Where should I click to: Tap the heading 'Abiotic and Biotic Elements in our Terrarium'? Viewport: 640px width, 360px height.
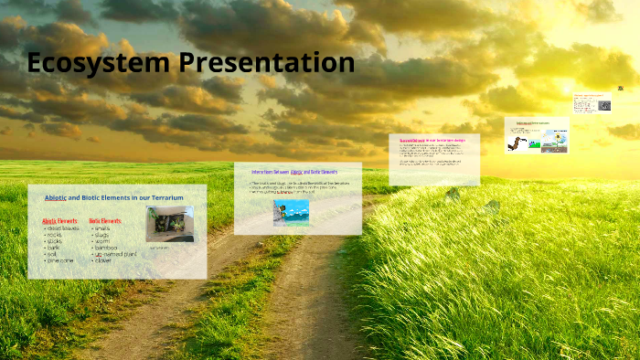114,197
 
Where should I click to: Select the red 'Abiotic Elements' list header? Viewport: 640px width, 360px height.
61,221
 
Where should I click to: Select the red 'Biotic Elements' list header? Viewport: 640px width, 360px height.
105,221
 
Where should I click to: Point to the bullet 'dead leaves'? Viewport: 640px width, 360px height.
64,228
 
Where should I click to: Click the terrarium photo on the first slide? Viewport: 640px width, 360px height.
169,225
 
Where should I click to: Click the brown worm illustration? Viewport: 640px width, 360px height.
517,142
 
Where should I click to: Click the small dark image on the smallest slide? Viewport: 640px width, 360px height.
604,105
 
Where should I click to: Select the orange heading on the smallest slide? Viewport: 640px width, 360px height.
592,94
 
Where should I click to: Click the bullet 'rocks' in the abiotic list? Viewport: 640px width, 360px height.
59,235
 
